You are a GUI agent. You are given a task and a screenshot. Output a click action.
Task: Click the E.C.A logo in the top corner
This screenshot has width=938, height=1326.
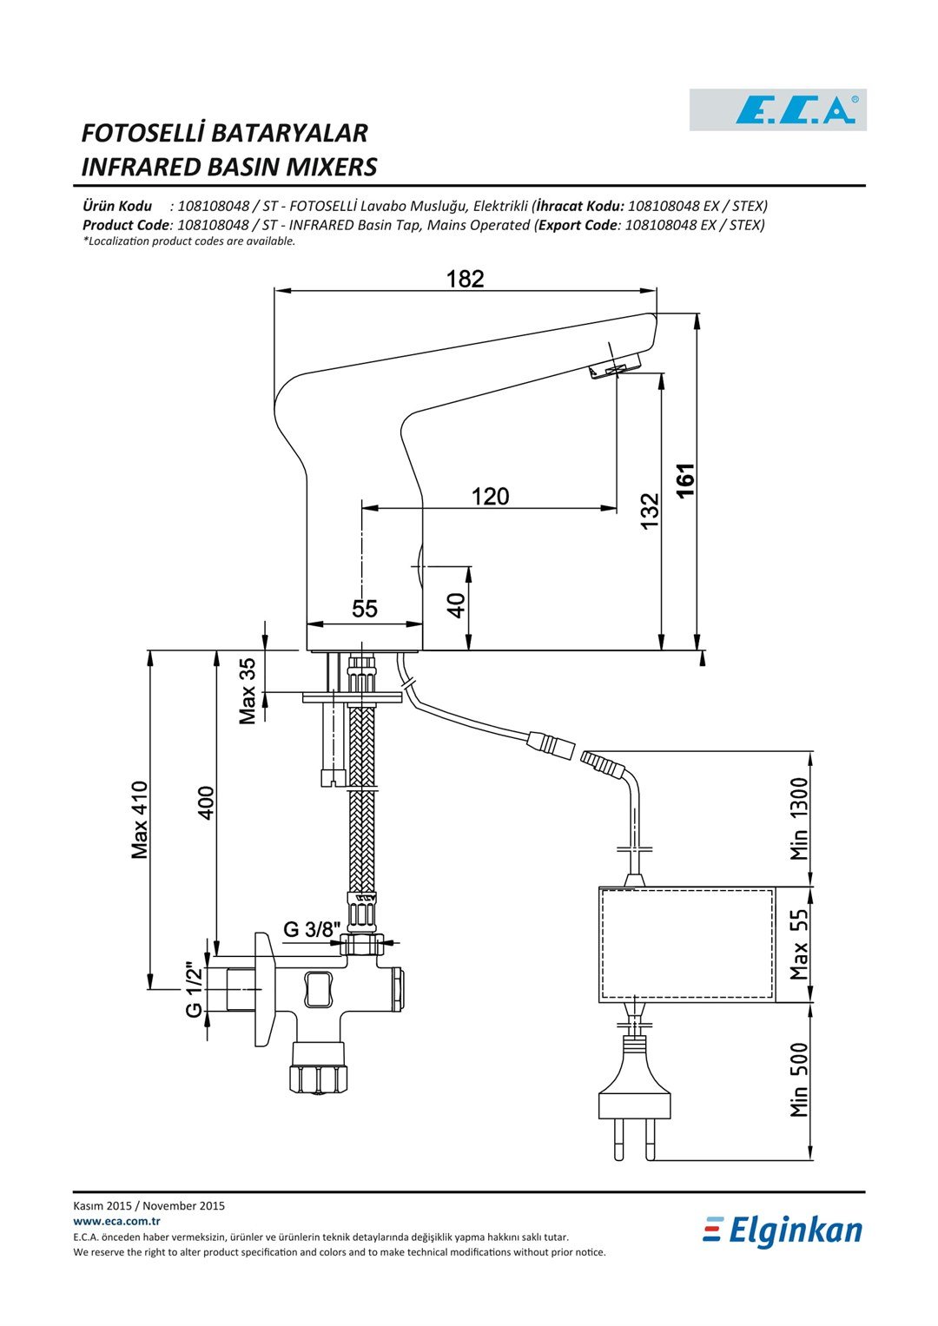[777, 109]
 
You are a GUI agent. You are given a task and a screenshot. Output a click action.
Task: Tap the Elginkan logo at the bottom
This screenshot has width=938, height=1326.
[783, 1231]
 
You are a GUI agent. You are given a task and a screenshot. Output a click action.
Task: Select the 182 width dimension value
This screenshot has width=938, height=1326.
[465, 279]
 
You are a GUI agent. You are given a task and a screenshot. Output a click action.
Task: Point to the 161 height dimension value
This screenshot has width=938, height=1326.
[685, 481]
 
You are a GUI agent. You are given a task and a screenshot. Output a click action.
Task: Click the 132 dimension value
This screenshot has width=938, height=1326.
[650, 511]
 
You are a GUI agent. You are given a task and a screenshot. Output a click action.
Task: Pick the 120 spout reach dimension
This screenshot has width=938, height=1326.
[491, 496]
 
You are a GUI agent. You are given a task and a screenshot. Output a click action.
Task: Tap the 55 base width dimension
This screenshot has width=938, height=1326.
[365, 608]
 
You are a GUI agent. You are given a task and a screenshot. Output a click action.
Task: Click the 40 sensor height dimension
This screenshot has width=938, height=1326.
[456, 605]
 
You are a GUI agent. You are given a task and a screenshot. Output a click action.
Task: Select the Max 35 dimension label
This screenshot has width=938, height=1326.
[247, 691]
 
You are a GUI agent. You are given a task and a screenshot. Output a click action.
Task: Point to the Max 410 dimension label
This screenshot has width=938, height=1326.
[140, 820]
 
